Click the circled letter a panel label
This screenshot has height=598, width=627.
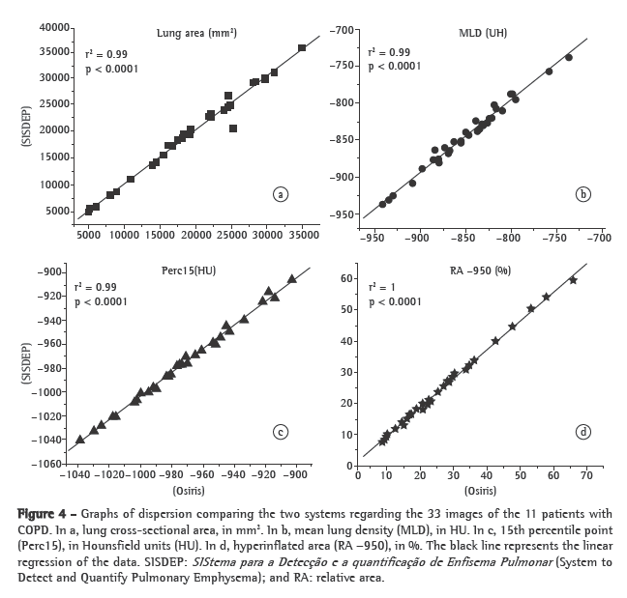point(280,194)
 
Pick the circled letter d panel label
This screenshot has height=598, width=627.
point(582,431)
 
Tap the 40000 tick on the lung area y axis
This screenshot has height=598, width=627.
point(54,26)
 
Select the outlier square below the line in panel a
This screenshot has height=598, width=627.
point(233,128)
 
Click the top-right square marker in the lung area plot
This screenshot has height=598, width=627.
point(302,47)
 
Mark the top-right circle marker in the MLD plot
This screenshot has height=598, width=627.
point(568,57)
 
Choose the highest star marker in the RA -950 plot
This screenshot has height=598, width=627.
point(573,280)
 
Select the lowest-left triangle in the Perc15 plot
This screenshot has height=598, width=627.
point(79,440)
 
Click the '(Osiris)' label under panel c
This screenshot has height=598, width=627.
point(191,491)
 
